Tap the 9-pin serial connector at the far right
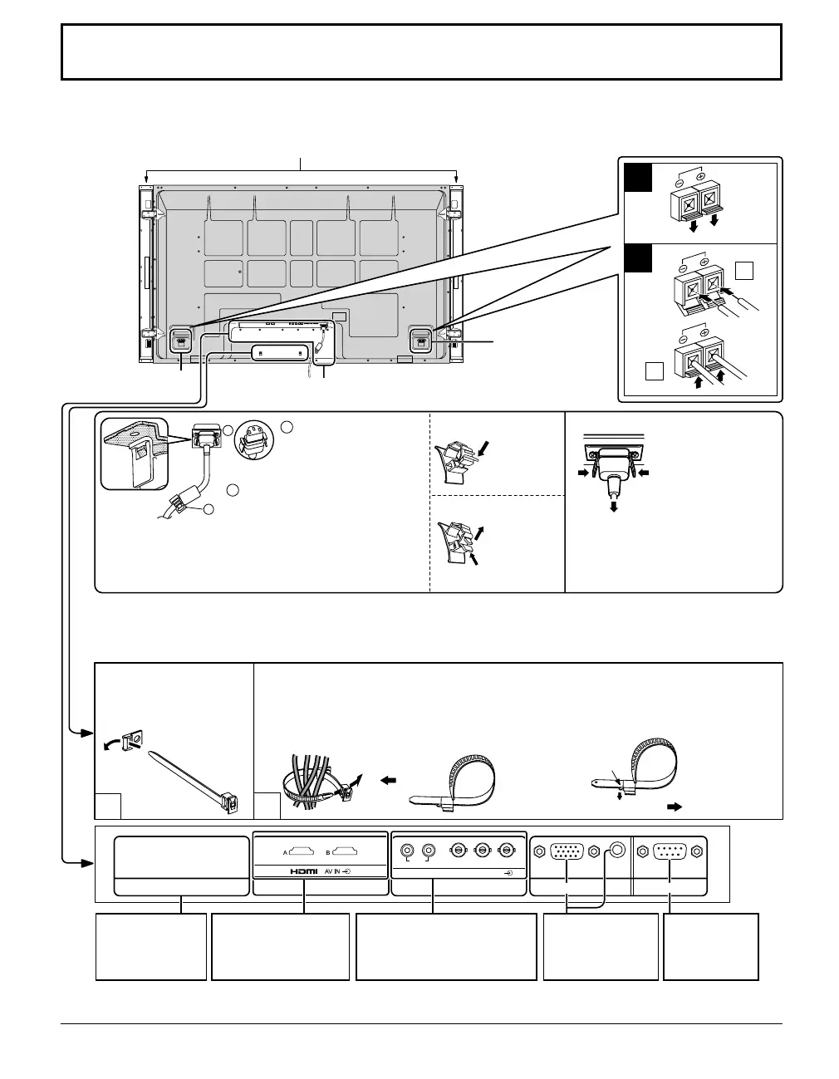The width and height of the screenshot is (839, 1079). click(x=670, y=851)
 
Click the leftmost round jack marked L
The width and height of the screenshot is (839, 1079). click(x=407, y=851)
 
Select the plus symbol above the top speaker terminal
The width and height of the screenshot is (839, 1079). click(x=700, y=178)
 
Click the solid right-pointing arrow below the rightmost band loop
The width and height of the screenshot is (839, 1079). click(x=674, y=805)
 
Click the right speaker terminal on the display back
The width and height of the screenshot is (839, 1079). click(x=419, y=338)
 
